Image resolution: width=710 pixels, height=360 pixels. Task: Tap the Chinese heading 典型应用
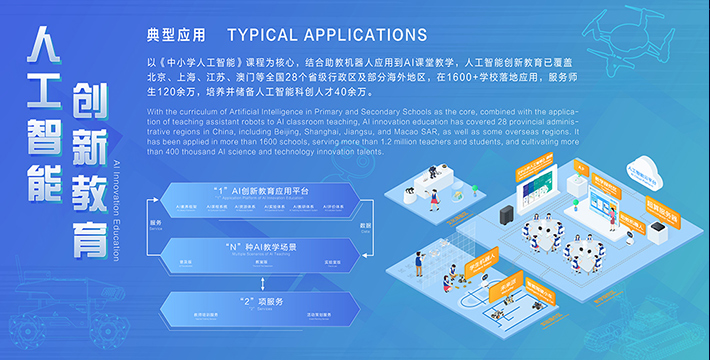coord(175,35)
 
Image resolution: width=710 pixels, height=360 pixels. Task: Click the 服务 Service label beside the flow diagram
coord(155,224)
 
